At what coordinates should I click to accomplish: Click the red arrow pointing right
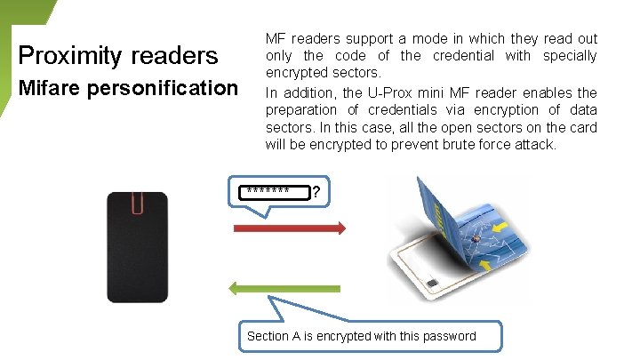tap(289, 229)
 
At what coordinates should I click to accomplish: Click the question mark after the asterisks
tap(316, 192)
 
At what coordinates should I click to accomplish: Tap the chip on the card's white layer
tap(433, 286)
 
